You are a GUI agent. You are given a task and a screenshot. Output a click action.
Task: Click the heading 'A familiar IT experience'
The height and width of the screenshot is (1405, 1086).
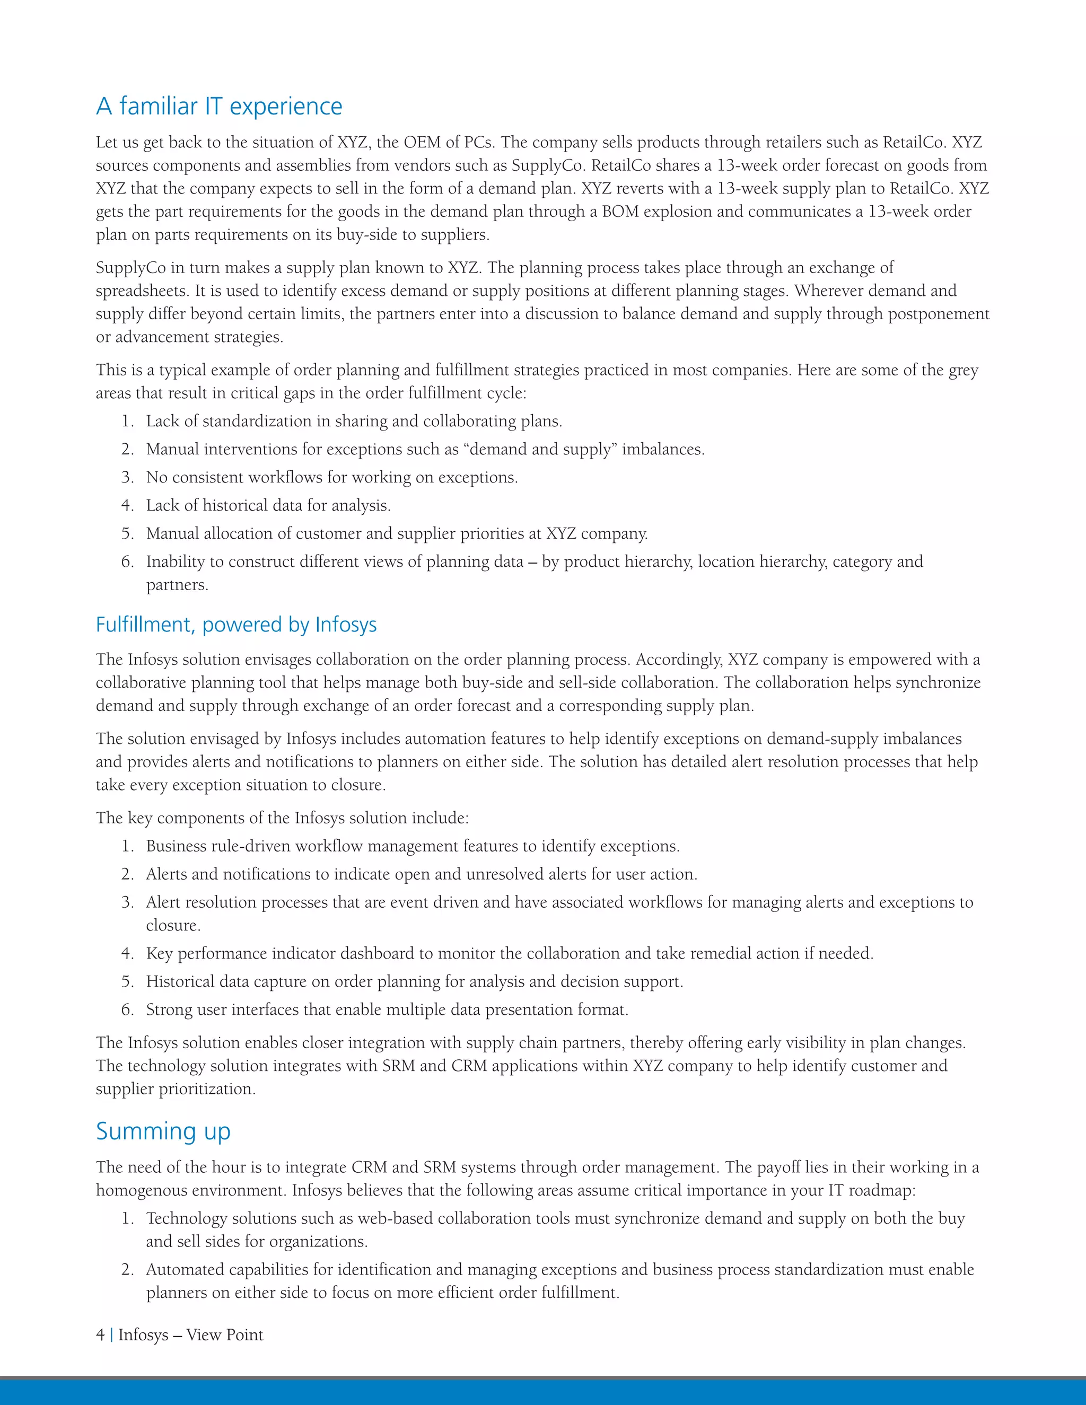219,106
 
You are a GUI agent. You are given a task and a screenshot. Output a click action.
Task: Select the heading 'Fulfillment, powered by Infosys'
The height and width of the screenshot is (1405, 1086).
236,625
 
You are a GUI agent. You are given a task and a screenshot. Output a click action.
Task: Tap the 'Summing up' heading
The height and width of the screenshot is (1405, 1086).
163,1131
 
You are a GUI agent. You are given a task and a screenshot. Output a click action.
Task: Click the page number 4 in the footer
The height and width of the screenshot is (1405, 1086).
100,1335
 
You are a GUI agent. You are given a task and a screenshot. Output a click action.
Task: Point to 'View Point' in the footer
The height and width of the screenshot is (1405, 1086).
224,1335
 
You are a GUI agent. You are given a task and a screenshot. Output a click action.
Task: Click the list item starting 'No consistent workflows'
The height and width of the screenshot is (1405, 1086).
331,477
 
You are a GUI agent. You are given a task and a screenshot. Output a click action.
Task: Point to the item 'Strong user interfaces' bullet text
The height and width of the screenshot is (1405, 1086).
386,1009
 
